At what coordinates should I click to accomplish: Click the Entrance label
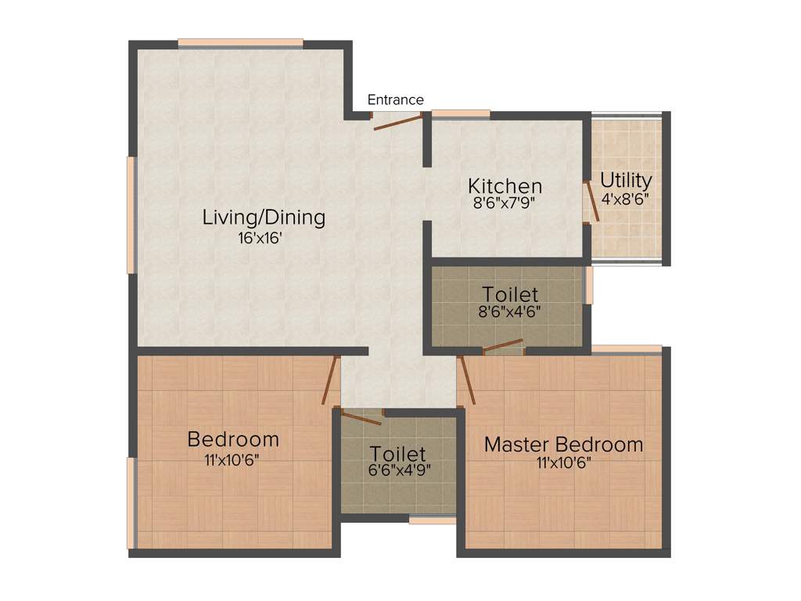396,100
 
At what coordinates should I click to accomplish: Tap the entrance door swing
397,121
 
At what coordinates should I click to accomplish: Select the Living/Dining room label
264,217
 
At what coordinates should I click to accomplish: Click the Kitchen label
505,186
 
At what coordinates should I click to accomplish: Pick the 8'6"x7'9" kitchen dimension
505,202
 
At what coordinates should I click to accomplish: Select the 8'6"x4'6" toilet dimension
510,311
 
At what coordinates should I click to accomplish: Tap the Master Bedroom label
563,444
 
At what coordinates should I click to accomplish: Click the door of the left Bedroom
331,380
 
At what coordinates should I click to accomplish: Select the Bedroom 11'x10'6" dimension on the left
232,460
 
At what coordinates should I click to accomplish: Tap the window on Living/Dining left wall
131,215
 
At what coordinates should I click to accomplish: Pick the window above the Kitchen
461,114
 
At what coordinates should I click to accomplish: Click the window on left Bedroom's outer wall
131,503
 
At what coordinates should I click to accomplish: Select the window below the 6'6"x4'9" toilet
432,519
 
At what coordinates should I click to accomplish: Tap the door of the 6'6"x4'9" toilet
361,417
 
